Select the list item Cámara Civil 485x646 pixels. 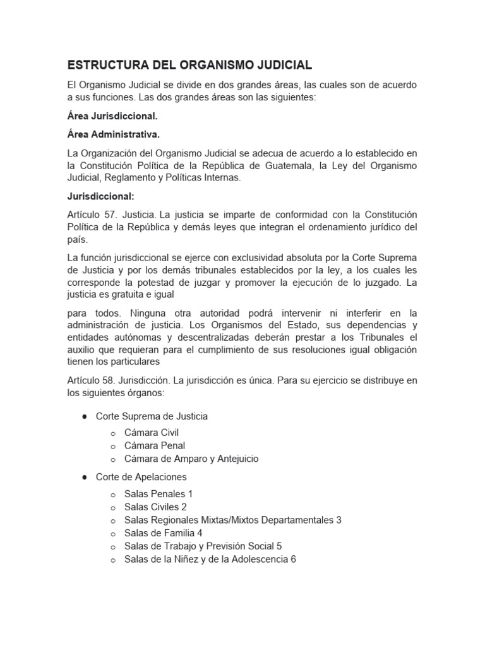[152, 432]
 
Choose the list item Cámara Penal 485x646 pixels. [155, 445]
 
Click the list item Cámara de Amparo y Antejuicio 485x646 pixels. [191, 459]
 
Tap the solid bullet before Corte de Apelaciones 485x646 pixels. [83, 477]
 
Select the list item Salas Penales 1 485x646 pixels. [159, 493]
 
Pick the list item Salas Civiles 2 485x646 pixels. [155, 507]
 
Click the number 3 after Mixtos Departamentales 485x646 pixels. [338, 520]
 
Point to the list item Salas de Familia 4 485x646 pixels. [164, 533]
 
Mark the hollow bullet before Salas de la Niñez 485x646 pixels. [112, 560]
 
